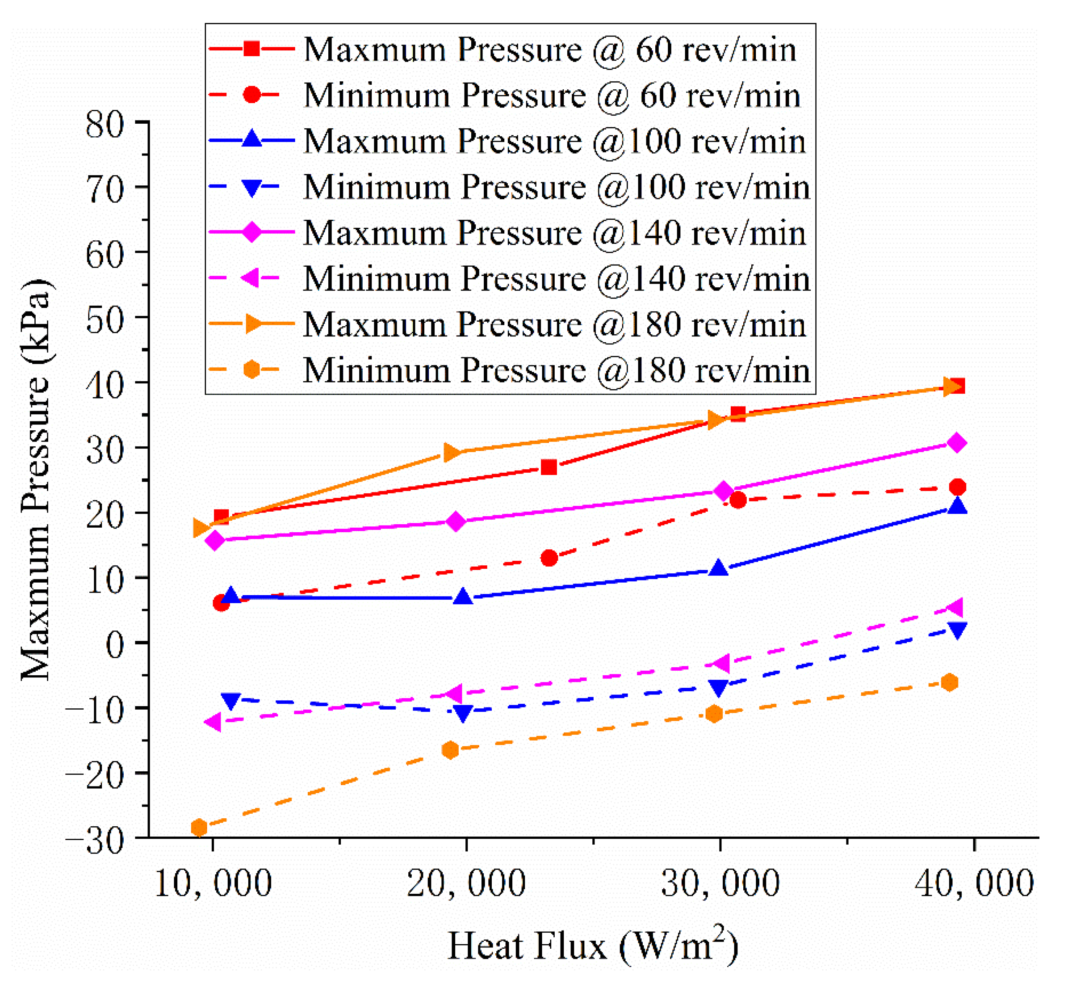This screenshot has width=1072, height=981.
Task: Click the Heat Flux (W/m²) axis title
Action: tap(593, 945)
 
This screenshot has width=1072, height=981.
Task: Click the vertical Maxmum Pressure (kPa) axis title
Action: tap(36, 479)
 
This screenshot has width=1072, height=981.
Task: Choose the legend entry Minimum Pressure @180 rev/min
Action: tap(556, 370)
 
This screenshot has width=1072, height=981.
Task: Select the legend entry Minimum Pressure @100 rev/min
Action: tap(556, 187)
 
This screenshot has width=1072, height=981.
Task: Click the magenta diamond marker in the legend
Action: tap(252, 232)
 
